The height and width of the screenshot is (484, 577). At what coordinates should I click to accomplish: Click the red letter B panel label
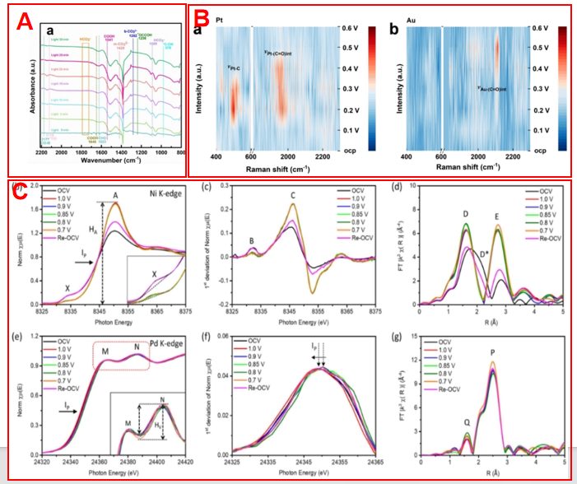click(x=202, y=17)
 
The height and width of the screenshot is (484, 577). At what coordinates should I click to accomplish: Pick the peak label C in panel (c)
click(x=293, y=196)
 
